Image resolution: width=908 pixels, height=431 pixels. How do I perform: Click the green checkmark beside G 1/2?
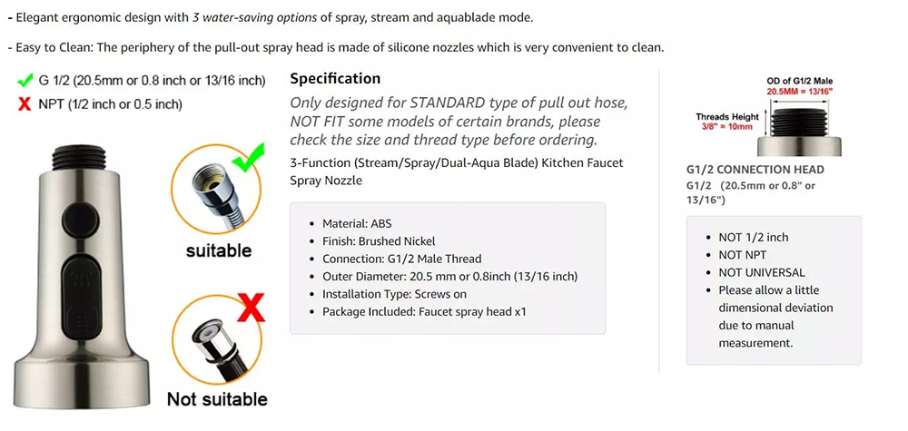point(25,80)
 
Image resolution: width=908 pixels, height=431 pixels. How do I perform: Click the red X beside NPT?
point(25,104)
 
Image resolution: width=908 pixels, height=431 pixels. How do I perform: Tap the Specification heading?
point(335,79)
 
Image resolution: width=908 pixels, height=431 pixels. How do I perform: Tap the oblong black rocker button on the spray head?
point(82,295)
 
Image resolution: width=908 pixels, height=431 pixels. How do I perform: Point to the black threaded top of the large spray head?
point(79,156)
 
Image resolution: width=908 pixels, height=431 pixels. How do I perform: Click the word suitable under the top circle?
point(219,251)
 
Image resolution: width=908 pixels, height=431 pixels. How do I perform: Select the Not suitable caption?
point(217,399)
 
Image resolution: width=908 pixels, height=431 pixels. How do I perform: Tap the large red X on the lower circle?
point(252,308)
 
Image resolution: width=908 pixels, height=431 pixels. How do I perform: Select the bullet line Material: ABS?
point(357,224)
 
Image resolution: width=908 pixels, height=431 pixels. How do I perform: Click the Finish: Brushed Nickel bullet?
point(379,241)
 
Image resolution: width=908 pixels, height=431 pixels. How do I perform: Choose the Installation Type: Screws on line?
point(394,294)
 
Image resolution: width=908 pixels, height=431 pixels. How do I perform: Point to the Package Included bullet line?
point(424,312)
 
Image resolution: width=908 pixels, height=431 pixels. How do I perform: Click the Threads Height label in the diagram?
point(727,117)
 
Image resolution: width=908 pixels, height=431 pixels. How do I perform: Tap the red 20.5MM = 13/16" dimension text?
point(800,92)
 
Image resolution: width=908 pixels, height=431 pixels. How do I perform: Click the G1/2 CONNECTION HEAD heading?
point(755,170)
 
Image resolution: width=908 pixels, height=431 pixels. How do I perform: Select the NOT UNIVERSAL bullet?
point(762,272)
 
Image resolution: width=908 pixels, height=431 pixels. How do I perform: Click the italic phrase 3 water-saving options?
point(255,17)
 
